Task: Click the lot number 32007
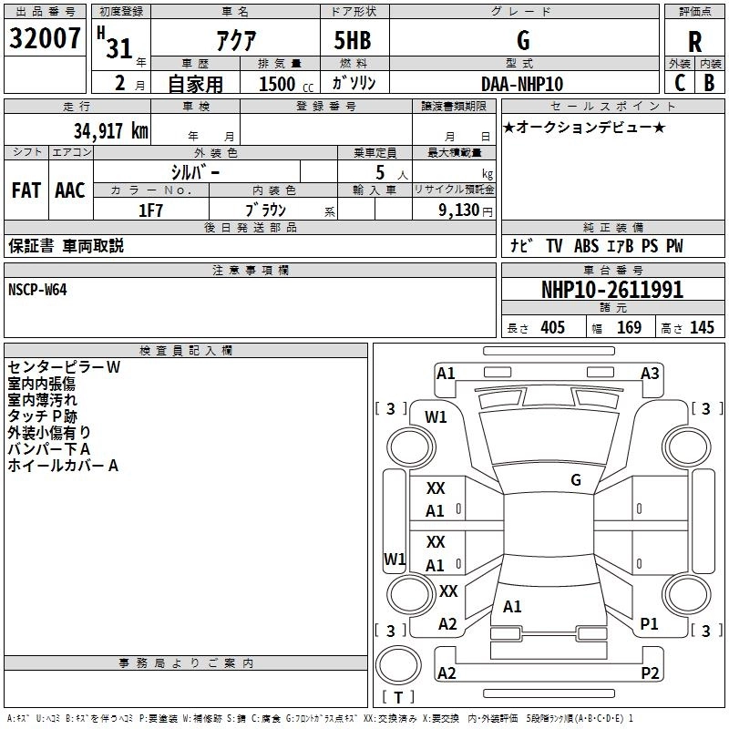pyautogui.click(x=45, y=38)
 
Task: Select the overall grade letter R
pyautogui.click(x=694, y=42)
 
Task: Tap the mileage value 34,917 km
pyautogui.click(x=111, y=131)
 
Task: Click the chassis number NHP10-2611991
pyautogui.click(x=612, y=290)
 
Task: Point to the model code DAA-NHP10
pyautogui.click(x=522, y=84)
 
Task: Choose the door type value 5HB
pyautogui.click(x=353, y=40)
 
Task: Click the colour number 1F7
pyautogui.click(x=150, y=210)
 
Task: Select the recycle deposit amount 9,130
pyautogui.click(x=459, y=210)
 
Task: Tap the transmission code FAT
pyautogui.click(x=26, y=190)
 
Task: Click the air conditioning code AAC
pyautogui.click(x=70, y=190)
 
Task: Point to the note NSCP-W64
pyautogui.click(x=37, y=290)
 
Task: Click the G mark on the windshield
pyautogui.click(x=576, y=480)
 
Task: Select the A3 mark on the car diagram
pyautogui.click(x=650, y=374)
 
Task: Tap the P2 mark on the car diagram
pyautogui.click(x=650, y=673)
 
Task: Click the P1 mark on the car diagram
pyautogui.click(x=649, y=624)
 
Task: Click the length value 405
pyautogui.click(x=553, y=327)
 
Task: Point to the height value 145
pyautogui.click(x=702, y=327)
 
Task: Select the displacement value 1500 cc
pyautogui.click(x=286, y=84)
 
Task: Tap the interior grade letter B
pyautogui.click(x=709, y=83)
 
